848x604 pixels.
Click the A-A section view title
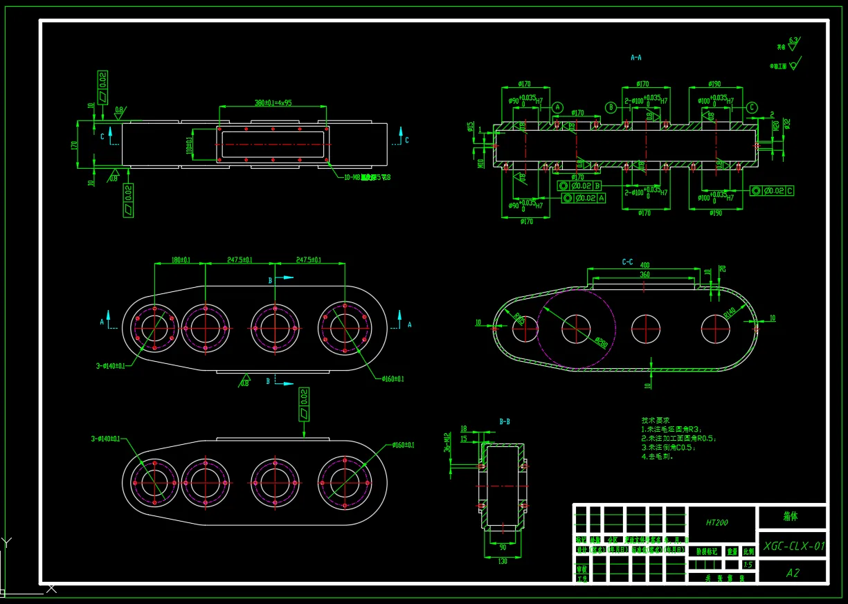pyautogui.click(x=635, y=58)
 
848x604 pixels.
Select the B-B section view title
pyautogui.click(x=505, y=421)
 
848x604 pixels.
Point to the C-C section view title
pyautogui.click(x=627, y=262)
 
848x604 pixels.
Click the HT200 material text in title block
pyautogui.click(x=717, y=523)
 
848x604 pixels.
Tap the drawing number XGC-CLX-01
pyautogui.click(x=794, y=546)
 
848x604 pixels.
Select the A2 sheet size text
pyautogui.click(x=793, y=573)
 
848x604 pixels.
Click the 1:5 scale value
pyautogui.click(x=748, y=565)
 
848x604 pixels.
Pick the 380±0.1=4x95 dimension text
pyautogui.click(x=273, y=103)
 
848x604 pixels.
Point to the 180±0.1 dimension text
pyautogui.click(x=181, y=260)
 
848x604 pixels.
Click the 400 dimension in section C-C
pyautogui.click(x=644, y=265)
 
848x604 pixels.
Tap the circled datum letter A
pyautogui.click(x=557, y=107)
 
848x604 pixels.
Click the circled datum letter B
pyautogui.click(x=611, y=107)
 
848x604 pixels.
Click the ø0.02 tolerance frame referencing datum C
pyautogui.click(x=772, y=191)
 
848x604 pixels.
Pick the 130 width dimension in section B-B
pyautogui.click(x=503, y=561)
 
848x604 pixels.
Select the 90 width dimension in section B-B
pyautogui.click(x=503, y=547)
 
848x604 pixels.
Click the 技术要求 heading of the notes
pyautogui.click(x=655, y=420)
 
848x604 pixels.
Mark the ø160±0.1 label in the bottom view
pyautogui.click(x=402, y=445)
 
